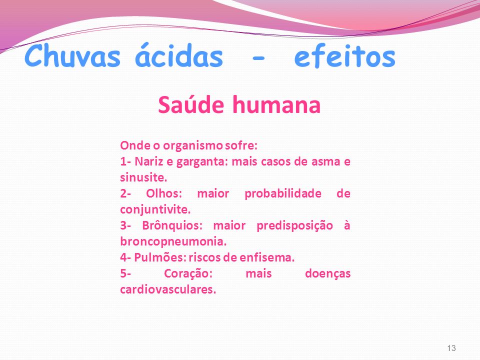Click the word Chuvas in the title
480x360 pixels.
pos(72,55)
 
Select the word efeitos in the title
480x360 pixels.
pos(344,55)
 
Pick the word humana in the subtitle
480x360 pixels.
pos(276,104)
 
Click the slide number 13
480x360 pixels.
pos(451,348)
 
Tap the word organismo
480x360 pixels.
pos(192,146)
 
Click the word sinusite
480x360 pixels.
pos(143,177)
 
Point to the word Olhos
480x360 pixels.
pos(164,193)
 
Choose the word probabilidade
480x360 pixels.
pos(283,193)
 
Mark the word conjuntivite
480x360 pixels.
pos(155,209)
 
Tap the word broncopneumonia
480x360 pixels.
pos(173,242)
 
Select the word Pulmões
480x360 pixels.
pos(160,257)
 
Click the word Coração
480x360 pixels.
pos(188,273)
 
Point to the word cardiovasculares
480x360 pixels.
pos(168,289)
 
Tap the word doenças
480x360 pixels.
pos(327,273)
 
